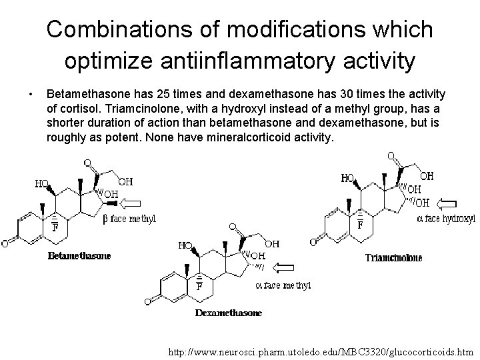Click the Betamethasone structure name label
pyautogui.click(x=79, y=255)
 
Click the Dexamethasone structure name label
pyautogui.click(x=229, y=312)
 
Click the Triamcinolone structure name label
pyautogui.click(x=393, y=258)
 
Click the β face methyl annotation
pyautogui.click(x=129, y=219)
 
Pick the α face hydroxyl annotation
pyautogui.click(x=446, y=218)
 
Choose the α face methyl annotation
pyautogui.click(x=283, y=285)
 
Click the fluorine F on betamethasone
pyautogui.click(x=55, y=227)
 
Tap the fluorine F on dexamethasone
pyautogui.click(x=199, y=287)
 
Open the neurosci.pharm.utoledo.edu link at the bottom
pyautogui.click(x=321, y=349)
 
